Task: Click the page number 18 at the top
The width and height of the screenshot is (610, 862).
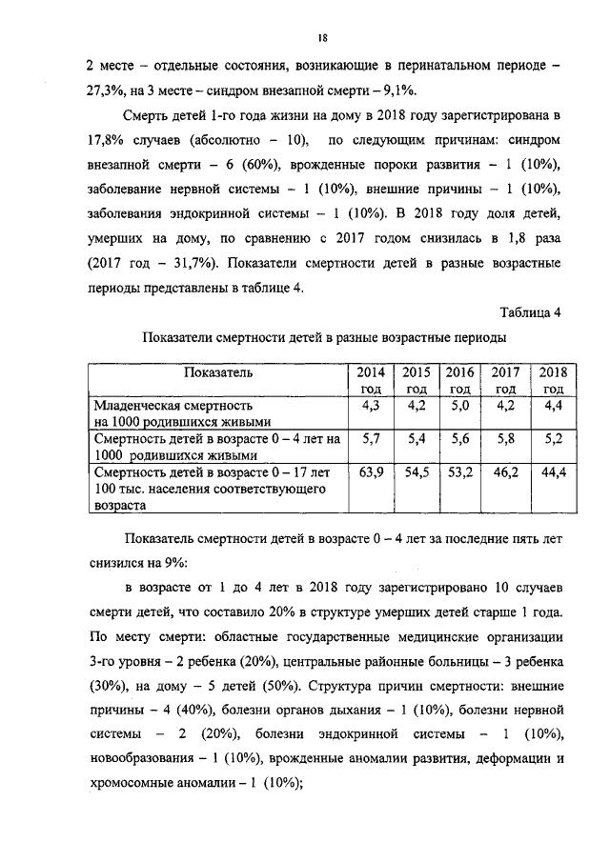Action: (x=323, y=37)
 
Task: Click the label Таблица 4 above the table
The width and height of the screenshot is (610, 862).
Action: (x=531, y=311)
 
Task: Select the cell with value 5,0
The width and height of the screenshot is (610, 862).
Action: (x=461, y=407)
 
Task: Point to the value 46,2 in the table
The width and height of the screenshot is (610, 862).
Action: (x=505, y=471)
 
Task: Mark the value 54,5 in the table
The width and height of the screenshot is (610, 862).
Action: (x=415, y=471)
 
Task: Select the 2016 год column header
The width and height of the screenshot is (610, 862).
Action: (x=460, y=380)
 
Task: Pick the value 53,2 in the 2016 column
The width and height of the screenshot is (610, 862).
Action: (x=460, y=471)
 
